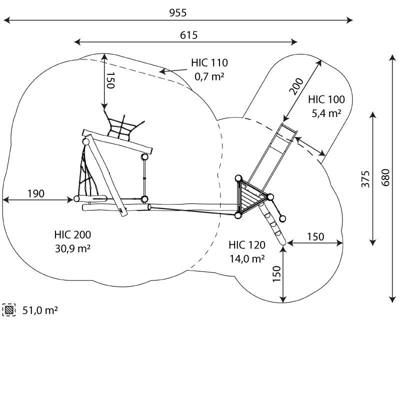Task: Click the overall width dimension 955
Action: (x=177, y=13)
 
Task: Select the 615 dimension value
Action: (x=188, y=35)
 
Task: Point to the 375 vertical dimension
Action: (x=365, y=179)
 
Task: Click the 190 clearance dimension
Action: (x=36, y=193)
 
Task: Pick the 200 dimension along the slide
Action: (x=296, y=87)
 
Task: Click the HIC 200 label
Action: (x=72, y=234)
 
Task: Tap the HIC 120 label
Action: (x=247, y=245)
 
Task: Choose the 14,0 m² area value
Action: (x=247, y=258)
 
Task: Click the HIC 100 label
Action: (x=326, y=99)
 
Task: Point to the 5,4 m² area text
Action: (x=326, y=113)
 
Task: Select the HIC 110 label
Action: (x=209, y=63)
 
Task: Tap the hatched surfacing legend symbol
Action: (x=9, y=310)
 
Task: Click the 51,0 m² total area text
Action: (x=40, y=310)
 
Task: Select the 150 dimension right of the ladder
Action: (x=315, y=236)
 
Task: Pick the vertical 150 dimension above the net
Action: (x=110, y=80)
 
